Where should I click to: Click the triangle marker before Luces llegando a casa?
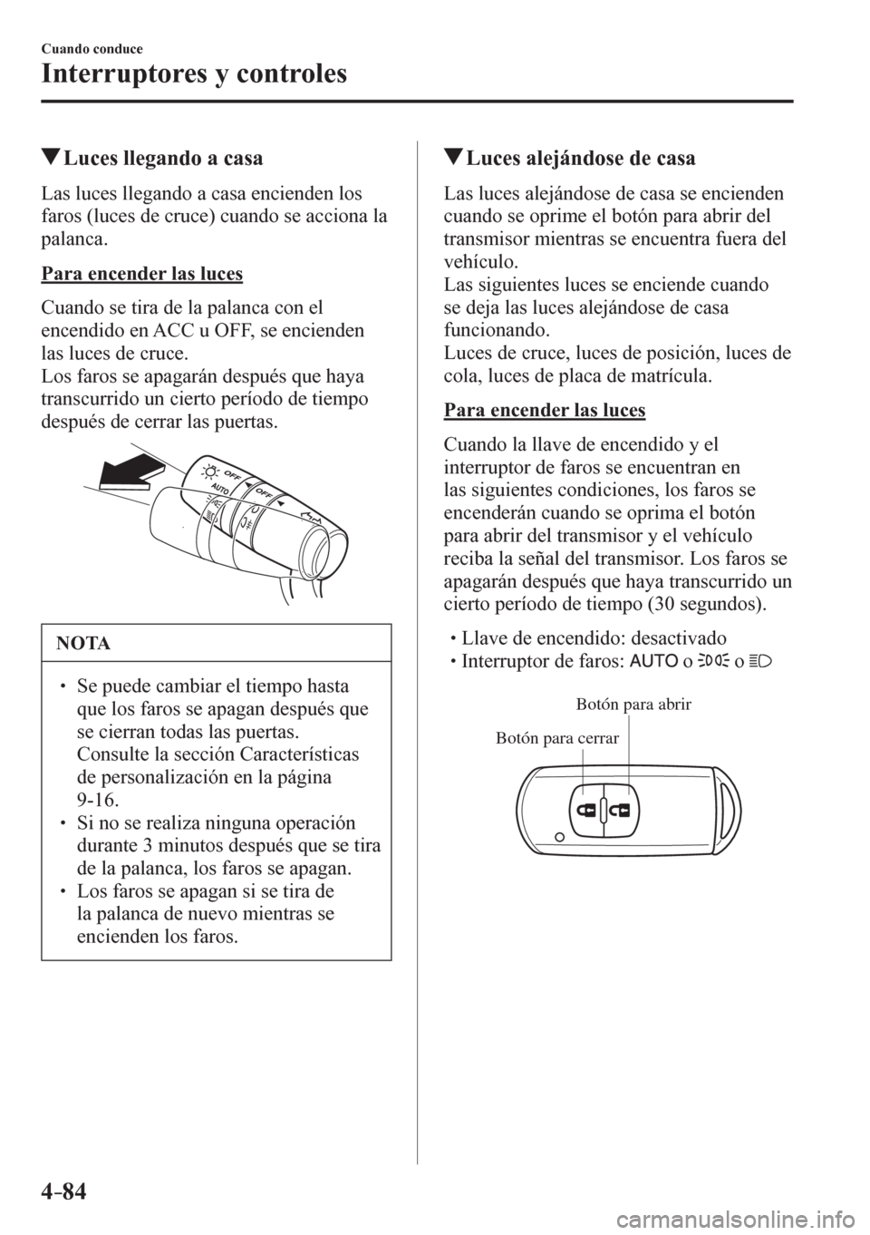tap(50, 160)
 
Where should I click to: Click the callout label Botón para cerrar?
tap(557, 738)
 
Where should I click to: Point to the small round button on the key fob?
tap(560, 835)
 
